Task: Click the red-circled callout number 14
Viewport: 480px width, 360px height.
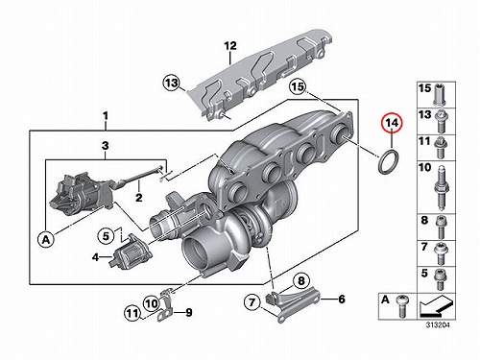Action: [393, 123]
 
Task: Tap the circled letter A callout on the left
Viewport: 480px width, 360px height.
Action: [46, 239]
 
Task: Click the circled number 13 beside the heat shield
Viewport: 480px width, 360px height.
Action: [171, 83]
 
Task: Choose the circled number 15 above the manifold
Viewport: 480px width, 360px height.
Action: [298, 86]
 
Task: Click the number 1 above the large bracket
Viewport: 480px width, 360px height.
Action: [106, 116]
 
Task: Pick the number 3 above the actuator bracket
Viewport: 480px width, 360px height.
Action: [106, 146]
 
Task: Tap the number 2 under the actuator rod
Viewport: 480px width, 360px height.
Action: [138, 197]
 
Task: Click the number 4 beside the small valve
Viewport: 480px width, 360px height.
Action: [95, 256]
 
